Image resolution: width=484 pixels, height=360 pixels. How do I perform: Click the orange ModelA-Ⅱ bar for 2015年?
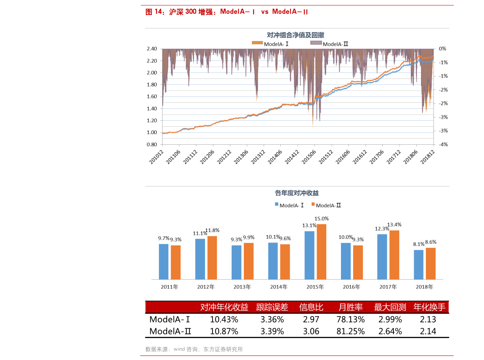[321, 252]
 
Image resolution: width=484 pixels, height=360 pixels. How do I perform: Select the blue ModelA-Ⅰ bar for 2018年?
[419, 265]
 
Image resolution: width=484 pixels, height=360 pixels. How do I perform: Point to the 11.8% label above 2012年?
[212, 230]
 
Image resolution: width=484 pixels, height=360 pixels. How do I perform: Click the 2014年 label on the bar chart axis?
[279, 287]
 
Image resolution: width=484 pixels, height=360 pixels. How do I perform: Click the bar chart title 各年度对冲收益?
[297, 193]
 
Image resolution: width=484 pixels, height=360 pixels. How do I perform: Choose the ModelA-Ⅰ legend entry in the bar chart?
[289, 205]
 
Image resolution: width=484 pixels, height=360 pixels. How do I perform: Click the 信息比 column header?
[311, 307]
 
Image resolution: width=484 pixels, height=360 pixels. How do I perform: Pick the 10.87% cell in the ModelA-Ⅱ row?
[224, 331]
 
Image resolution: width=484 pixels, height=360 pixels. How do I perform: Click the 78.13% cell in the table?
[350, 319]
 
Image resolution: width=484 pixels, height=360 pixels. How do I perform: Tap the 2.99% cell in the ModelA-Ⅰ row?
[390, 319]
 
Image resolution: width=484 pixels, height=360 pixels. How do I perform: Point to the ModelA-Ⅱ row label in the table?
[170, 331]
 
